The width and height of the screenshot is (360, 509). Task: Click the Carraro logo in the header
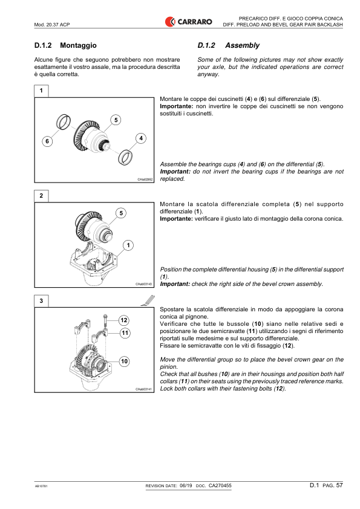[x=188, y=22]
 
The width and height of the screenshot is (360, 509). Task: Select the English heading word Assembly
[x=242, y=45]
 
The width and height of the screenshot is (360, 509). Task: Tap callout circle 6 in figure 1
[x=47, y=141]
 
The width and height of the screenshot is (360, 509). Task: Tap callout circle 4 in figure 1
[x=140, y=138]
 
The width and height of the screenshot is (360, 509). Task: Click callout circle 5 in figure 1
[x=114, y=120]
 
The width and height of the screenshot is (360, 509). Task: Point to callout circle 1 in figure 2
[x=129, y=245]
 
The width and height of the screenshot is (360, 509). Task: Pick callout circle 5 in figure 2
[x=121, y=213]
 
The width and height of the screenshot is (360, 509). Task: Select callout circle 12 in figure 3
[x=123, y=320]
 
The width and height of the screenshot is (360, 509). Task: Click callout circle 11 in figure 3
[x=124, y=332]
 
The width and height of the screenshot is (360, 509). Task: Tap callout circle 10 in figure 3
[x=123, y=361]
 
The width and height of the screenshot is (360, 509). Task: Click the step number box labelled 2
[x=41, y=196]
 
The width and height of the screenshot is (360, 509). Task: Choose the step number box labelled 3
[x=41, y=301]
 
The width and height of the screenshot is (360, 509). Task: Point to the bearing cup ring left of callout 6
[x=61, y=123]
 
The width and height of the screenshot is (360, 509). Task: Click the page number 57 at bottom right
[x=339, y=485]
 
